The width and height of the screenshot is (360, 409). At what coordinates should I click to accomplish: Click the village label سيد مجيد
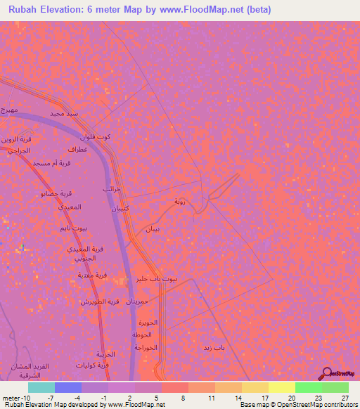pos(63,112)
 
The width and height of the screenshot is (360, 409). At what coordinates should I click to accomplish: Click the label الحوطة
pos(146,334)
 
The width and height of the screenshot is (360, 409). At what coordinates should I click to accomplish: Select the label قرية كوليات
pos(94,365)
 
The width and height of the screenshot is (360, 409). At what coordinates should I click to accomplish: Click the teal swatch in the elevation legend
pos(41,387)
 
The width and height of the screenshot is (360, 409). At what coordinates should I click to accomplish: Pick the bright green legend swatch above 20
pos(309,387)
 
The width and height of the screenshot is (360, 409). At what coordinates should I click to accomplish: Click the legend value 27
pos(345,397)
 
